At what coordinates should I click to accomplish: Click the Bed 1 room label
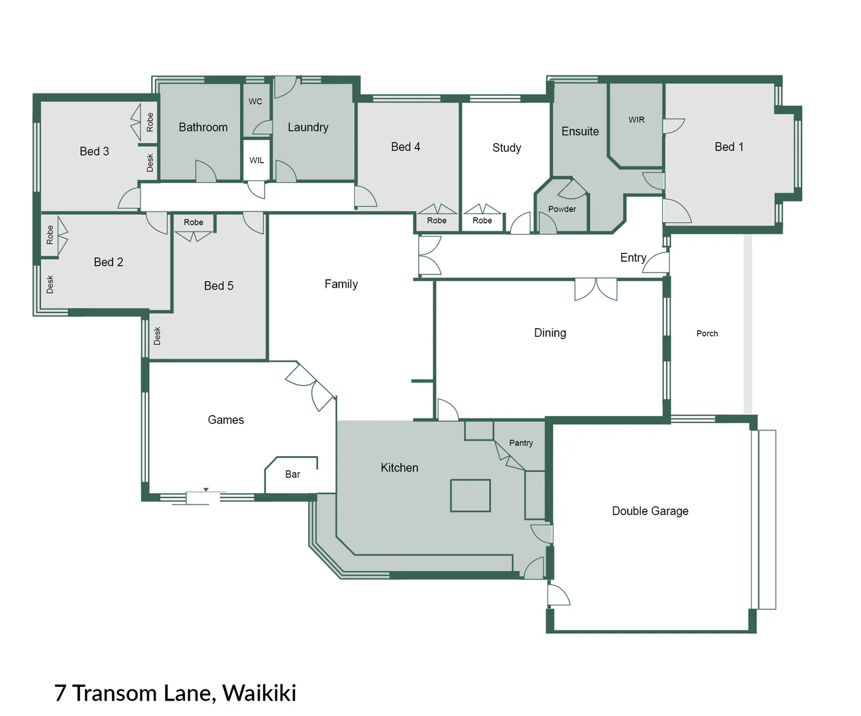[x=728, y=147]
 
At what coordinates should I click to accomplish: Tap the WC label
[x=255, y=101]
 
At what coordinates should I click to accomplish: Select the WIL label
[x=257, y=160]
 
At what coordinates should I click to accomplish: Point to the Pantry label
[x=521, y=443]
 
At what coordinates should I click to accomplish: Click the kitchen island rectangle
[x=470, y=495]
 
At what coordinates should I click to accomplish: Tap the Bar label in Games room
[x=292, y=474]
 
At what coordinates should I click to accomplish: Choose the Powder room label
[x=562, y=209]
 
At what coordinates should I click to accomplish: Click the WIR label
[x=636, y=120]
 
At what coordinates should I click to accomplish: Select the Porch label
[x=707, y=333]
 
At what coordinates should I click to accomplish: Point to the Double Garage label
[x=650, y=510]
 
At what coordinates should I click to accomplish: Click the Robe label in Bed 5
[x=194, y=222]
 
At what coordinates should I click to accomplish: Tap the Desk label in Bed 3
[x=150, y=163]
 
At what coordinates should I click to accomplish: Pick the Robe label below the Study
[x=482, y=221]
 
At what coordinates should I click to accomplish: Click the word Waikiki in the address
[x=259, y=693]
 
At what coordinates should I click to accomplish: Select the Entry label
[x=633, y=257]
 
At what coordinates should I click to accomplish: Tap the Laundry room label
[x=308, y=127]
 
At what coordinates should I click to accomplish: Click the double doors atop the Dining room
[x=596, y=288]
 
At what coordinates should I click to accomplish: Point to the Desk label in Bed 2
[x=50, y=284]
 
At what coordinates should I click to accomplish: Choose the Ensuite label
[x=580, y=131]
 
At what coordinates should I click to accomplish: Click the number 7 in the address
[x=60, y=693]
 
